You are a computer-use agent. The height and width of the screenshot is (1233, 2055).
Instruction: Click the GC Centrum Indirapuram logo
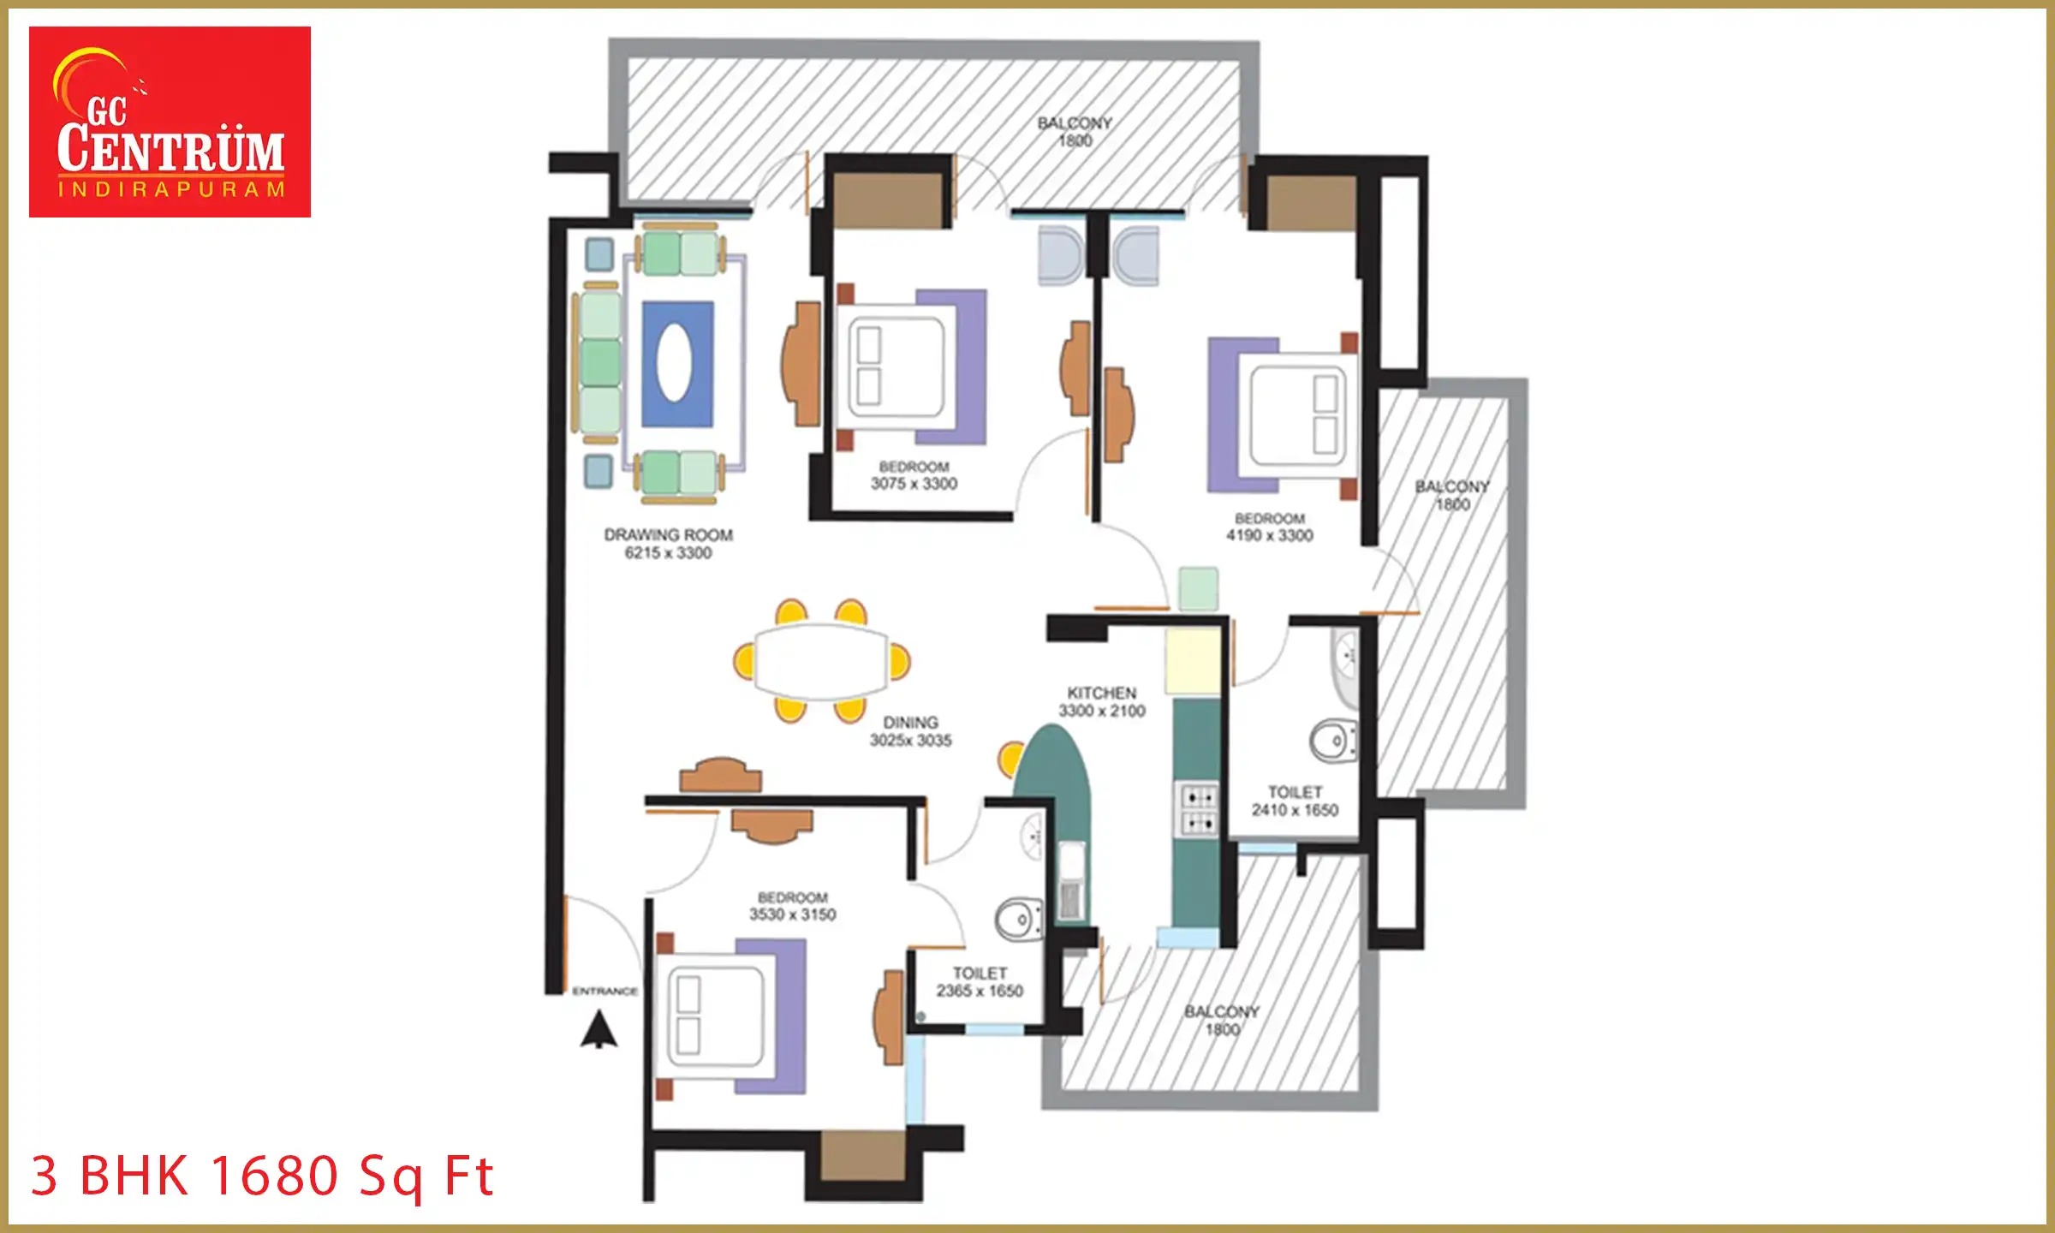(x=170, y=122)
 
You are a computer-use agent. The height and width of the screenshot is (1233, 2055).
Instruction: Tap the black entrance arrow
(x=599, y=1029)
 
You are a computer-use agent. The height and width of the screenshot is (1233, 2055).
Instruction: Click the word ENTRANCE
(x=605, y=991)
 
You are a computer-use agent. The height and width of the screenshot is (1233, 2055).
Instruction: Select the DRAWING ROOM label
(x=668, y=535)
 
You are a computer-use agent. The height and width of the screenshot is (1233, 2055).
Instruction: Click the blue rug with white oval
(x=677, y=363)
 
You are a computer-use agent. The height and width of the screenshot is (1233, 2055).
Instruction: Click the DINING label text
(x=910, y=723)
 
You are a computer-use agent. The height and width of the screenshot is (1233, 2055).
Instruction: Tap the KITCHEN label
(x=1101, y=693)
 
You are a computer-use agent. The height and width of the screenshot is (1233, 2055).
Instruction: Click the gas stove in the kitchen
(x=1199, y=810)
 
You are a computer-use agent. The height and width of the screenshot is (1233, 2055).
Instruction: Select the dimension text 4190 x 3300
(x=1269, y=536)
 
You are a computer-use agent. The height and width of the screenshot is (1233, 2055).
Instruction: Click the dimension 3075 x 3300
(x=914, y=484)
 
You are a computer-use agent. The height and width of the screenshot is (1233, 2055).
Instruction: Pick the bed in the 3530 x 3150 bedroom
(x=728, y=1016)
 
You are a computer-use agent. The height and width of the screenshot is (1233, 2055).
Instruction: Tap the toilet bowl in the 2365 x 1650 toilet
(x=1019, y=920)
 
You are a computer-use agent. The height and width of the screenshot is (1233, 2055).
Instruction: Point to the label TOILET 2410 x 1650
(x=1295, y=801)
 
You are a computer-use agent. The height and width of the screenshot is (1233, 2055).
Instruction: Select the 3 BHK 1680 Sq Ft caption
(x=262, y=1176)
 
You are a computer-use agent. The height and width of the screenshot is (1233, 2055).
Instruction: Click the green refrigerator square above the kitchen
(x=1198, y=589)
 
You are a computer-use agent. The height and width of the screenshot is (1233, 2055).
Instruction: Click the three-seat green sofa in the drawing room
(x=600, y=362)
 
